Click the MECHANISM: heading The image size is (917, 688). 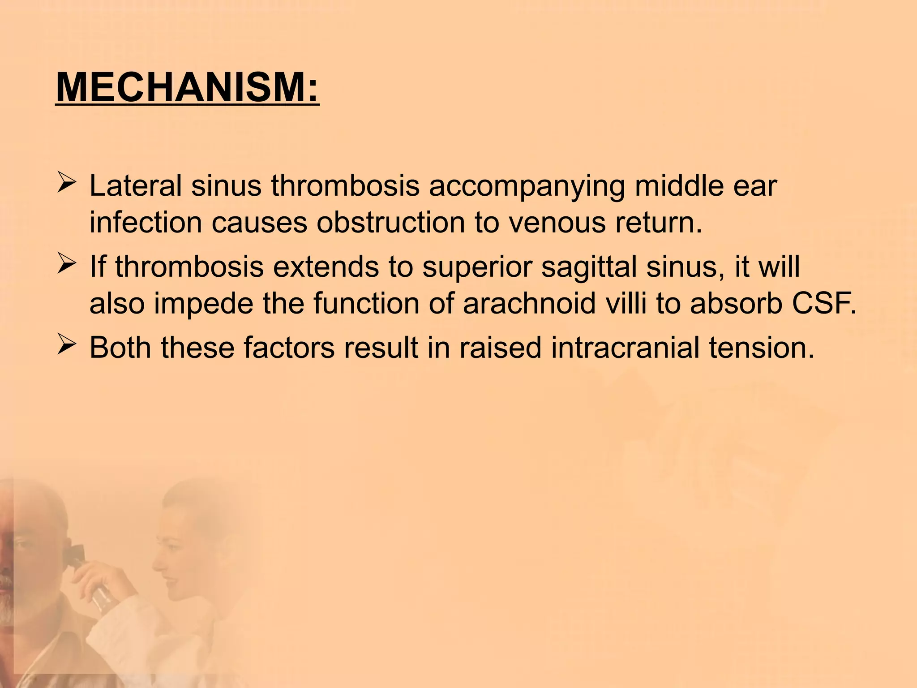[x=187, y=87]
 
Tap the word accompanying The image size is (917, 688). [x=527, y=187]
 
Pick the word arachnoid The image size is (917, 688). [x=529, y=303]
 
